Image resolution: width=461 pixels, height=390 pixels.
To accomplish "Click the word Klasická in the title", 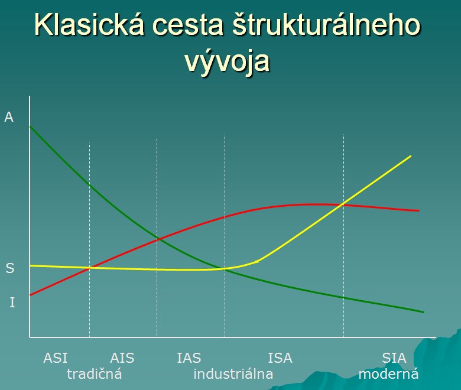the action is coord(89,24).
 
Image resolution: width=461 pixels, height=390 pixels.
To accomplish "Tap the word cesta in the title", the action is coord(187,25).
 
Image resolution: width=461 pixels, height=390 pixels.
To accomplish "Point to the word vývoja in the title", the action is coord(228,61).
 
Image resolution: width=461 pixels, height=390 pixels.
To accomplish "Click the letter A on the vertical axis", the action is coord(9,117).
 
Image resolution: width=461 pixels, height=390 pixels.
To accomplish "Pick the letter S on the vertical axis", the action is coord(10,268).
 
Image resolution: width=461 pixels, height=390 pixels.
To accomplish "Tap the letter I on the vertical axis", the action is coord(12,302).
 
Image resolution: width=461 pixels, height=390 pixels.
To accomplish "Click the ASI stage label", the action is coord(56,358).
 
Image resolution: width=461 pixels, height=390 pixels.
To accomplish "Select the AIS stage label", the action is coord(122,358).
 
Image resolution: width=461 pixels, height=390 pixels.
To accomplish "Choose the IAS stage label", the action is coord(189,358).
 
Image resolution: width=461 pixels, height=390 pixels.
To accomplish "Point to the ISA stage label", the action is coord(280,358).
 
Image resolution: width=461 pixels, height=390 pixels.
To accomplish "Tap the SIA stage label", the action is coord(394,358).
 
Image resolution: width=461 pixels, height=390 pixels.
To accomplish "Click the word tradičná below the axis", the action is coord(95,374).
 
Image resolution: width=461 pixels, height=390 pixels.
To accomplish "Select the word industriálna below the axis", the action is coord(233,374).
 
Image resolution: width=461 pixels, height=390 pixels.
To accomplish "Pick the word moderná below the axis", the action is coord(388,374).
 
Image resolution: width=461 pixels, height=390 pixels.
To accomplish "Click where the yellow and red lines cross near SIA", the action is coord(342,204).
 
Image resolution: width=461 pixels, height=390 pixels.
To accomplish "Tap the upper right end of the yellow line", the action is coord(410,156).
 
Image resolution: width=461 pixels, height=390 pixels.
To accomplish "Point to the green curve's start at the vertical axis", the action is coord(30,126).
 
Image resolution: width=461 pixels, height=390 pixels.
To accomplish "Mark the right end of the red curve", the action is coord(418,210).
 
